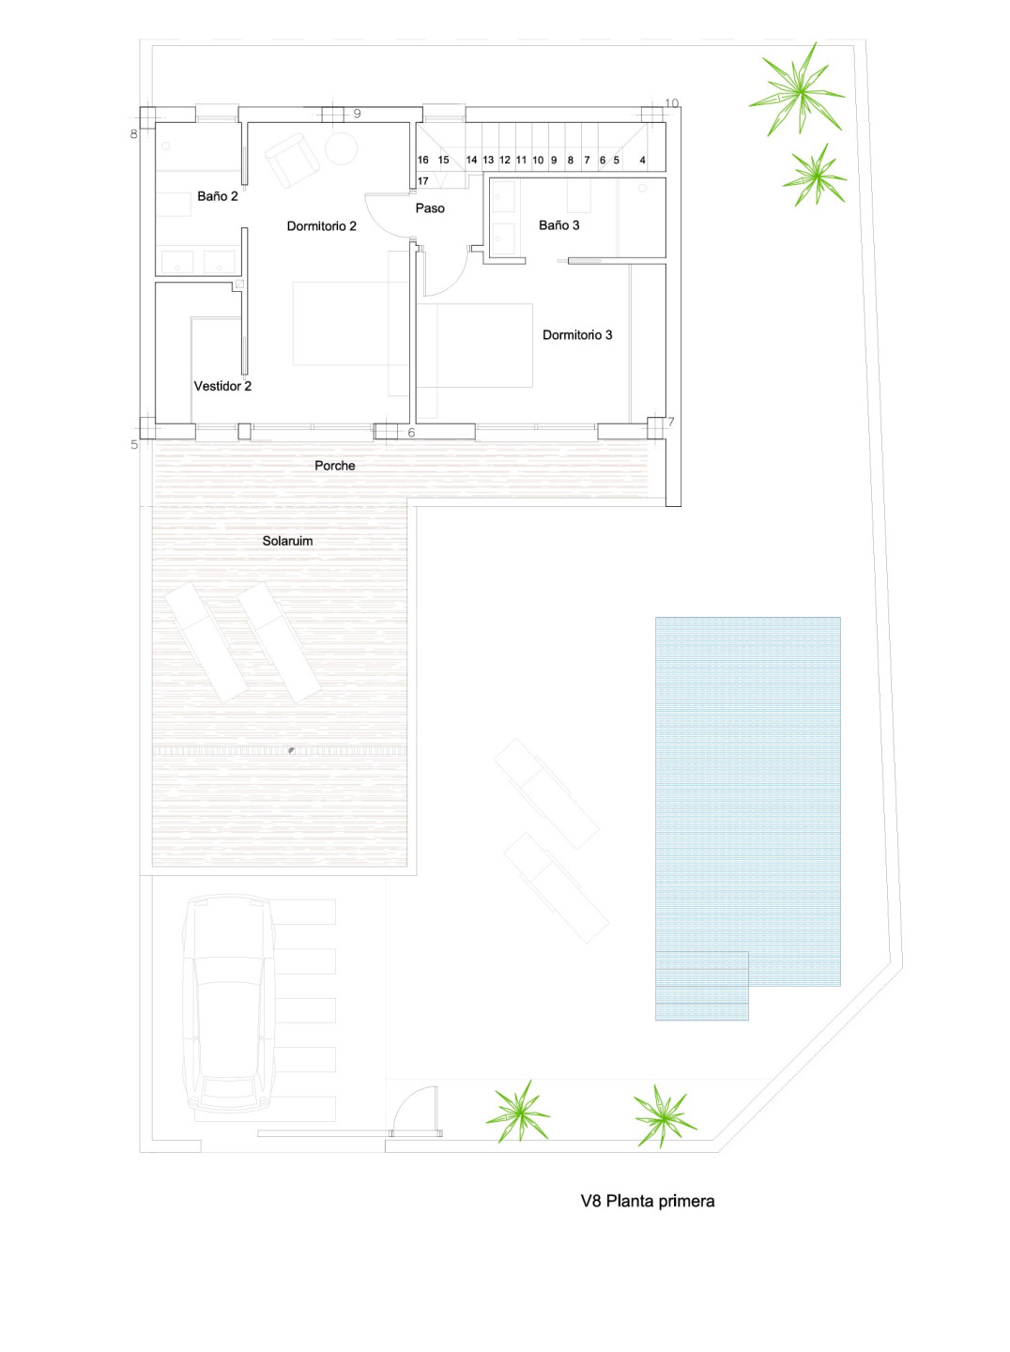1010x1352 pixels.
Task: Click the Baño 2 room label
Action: coord(218,196)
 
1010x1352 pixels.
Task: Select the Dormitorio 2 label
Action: coord(321,226)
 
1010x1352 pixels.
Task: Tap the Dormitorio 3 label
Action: coord(577,335)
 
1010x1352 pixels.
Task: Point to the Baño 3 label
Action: coord(559,225)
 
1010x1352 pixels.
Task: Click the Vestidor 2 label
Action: coord(222,386)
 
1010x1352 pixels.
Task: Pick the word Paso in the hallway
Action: coord(430,208)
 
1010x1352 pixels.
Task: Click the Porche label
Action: coord(334,466)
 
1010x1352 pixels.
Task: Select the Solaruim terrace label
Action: coord(287,541)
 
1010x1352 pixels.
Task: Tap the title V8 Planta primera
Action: coord(648,1201)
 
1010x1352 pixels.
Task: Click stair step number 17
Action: coord(423,181)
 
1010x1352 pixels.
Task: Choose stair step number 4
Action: coord(642,161)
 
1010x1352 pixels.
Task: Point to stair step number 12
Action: coord(504,161)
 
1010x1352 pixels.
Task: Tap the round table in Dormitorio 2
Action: coord(341,148)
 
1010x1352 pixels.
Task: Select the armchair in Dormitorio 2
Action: coord(292,160)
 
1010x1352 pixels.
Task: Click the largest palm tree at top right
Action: coord(798,89)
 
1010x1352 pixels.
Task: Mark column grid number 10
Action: coord(672,103)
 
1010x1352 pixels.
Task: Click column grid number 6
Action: coord(411,433)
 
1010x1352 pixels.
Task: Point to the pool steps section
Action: coord(701,986)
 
